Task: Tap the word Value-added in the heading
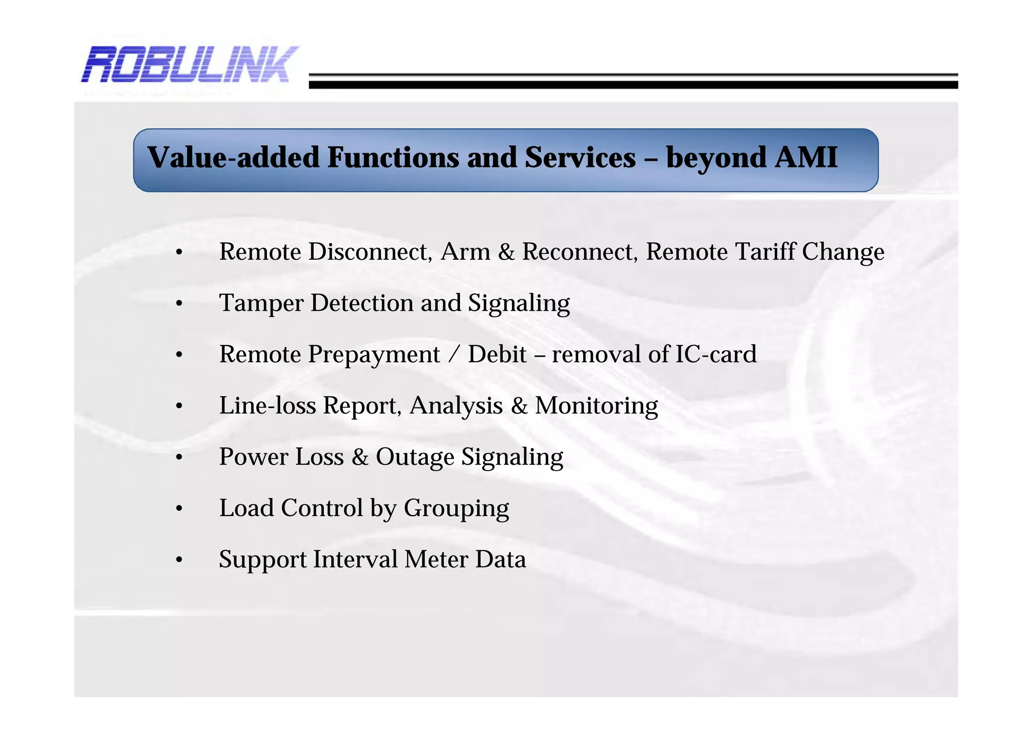pyautogui.click(x=234, y=157)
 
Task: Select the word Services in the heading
pyautogui.click(x=580, y=157)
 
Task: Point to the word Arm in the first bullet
pyautogui.click(x=465, y=251)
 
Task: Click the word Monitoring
pyautogui.click(x=596, y=406)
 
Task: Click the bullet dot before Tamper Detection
pyautogui.click(x=179, y=304)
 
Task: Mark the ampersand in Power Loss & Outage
pyautogui.click(x=360, y=457)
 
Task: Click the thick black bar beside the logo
pyautogui.click(x=633, y=85)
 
